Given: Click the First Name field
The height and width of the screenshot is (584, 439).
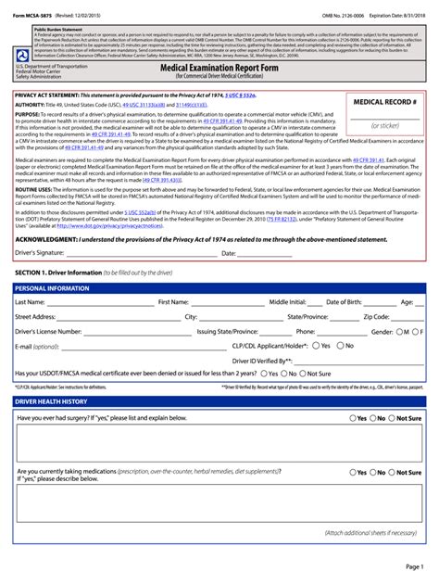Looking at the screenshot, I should click(x=227, y=302).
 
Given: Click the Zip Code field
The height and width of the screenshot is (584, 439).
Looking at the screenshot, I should click(x=402, y=317).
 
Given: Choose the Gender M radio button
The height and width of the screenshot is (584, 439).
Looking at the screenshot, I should click(x=400, y=331).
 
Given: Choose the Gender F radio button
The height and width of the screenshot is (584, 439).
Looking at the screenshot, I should click(x=417, y=331).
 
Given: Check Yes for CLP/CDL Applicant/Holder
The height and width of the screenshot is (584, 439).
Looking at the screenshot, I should click(x=316, y=346).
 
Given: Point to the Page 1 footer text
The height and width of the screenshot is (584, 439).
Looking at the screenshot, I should click(x=413, y=565).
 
